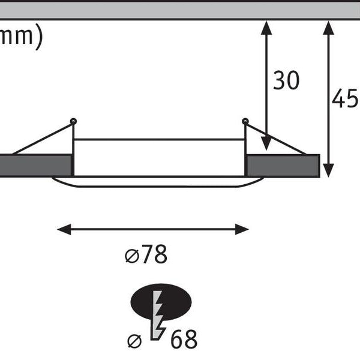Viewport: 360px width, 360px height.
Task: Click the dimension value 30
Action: (x=286, y=80)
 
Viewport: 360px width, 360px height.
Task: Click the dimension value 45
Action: (x=345, y=99)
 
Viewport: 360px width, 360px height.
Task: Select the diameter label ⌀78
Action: (x=146, y=256)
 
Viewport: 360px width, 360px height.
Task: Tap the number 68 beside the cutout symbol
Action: (x=184, y=340)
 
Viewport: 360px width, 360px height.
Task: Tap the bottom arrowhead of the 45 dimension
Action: (x=328, y=171)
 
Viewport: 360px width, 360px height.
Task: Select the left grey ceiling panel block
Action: (x=35, y=166)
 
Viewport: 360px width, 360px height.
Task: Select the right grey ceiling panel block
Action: (x=283, y=166)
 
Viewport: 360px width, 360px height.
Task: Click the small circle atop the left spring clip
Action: (x=73, y=122)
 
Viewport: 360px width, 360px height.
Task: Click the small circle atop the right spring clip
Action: (x=245, y=122)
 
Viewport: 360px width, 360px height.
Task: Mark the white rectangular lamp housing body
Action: (x=159, y=157)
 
